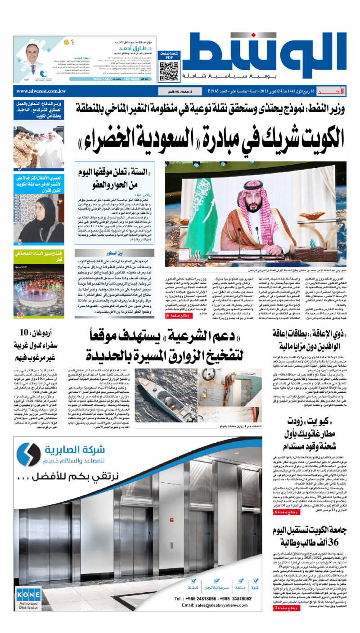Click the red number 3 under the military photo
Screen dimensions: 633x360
tap(19, 168)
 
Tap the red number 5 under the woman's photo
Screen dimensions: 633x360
tap(19, 242)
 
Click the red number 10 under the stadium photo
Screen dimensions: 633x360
tap(20, 315)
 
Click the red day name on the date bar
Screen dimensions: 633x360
tap(341, 91)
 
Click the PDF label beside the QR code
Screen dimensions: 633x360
tap(168, 58)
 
